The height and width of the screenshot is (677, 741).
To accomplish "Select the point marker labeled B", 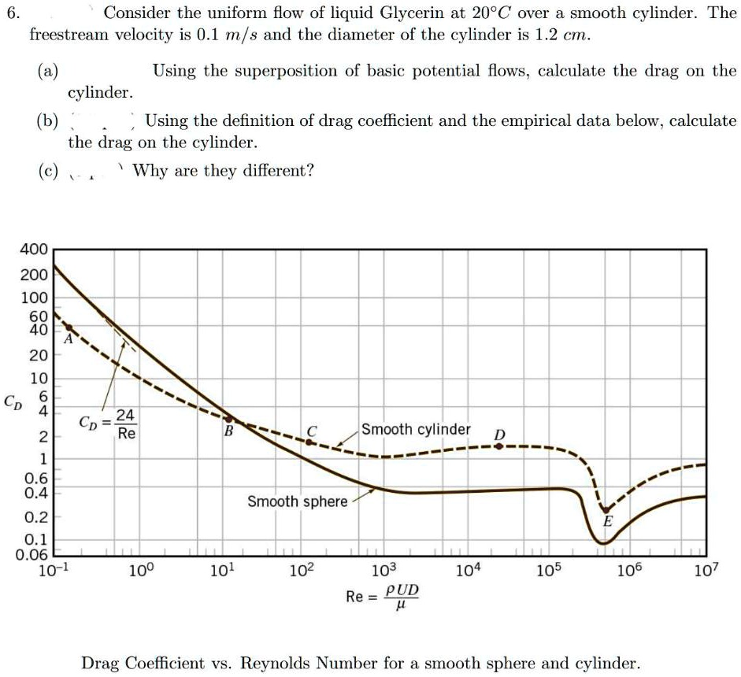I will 228,419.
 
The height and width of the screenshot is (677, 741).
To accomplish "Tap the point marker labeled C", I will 309,442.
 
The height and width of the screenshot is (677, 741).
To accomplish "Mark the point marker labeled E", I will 605,509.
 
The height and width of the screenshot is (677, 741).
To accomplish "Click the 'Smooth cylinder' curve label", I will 416,430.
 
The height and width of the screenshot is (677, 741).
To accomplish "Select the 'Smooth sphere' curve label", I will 297,501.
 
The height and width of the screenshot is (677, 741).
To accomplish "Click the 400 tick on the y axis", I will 34,250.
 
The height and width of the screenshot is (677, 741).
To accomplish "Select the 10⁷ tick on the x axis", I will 706,571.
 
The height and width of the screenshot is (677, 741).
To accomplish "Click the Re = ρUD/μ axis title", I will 383,597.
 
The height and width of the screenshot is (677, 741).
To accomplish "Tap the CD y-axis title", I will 13,401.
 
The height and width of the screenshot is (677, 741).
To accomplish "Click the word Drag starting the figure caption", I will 100,663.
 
